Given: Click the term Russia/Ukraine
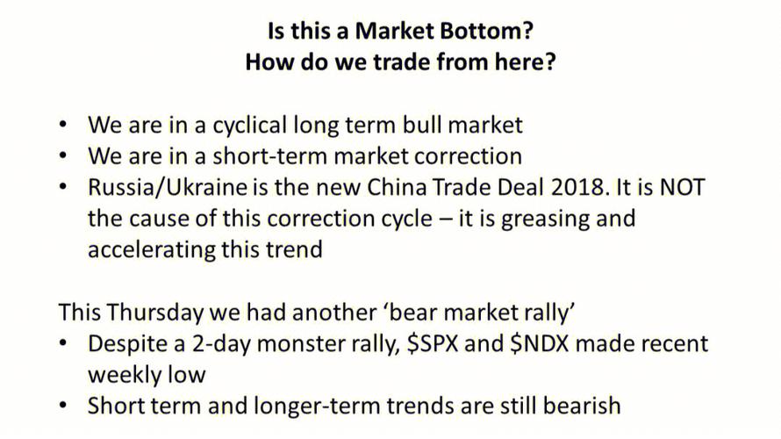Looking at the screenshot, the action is pos(168,187).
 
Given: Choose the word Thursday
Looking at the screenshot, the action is pos(154,313).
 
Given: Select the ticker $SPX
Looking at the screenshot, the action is pos(432,344).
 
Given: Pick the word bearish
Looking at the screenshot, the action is pos(582,406).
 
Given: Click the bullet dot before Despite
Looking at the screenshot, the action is pos(63,344).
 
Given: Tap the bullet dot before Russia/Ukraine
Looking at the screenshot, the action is pos(63,188).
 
